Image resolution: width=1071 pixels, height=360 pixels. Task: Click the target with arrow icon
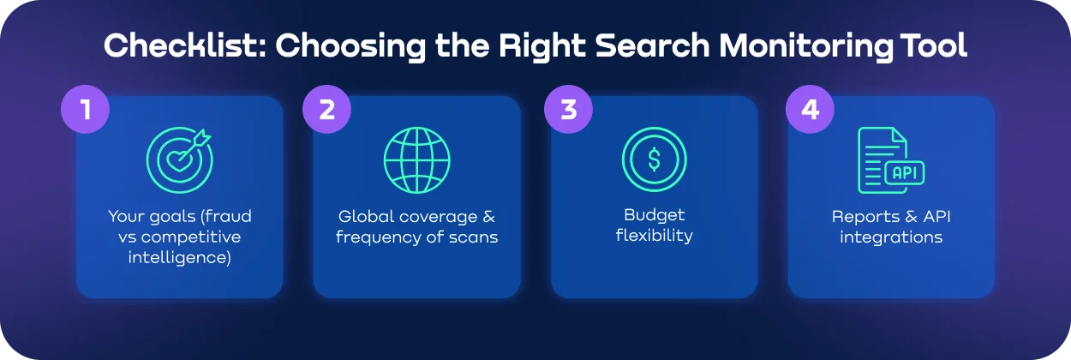(x=178, y=159)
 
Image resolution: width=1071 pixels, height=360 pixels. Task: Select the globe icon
(x=416, y=159)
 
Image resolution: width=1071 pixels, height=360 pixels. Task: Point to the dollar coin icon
(x=654, y=159)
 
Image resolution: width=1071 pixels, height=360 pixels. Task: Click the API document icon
(x=890, y=159)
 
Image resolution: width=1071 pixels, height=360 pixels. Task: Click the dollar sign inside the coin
(x=654, y=159)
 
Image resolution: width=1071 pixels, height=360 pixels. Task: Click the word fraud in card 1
(x=227, y=217)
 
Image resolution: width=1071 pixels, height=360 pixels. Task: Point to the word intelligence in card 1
(x=180, y=257)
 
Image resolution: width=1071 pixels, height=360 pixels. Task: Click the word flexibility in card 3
(x=654, y=236)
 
